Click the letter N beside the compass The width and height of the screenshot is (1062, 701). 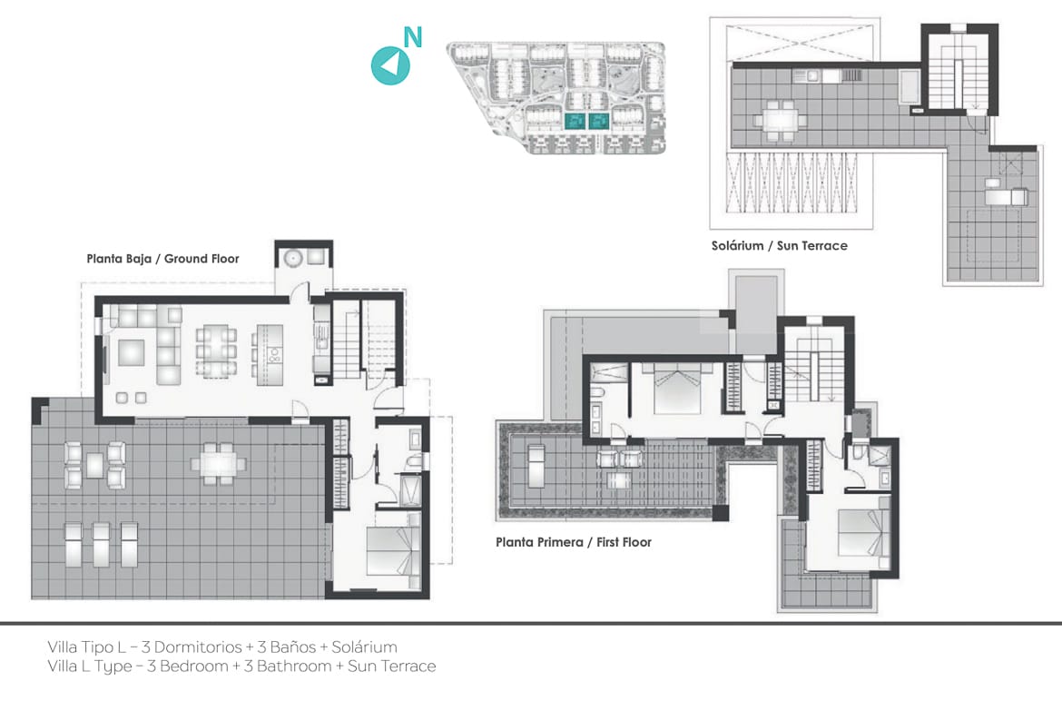coord(412,37)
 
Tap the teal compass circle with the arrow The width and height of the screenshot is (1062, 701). coord(390,65)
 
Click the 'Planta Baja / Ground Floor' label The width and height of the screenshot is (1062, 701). coord(162,259)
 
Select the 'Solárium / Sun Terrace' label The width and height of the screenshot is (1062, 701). coord(779,246)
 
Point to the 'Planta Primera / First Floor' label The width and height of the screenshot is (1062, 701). coord(574,542)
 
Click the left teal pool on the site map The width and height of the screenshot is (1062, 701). coord(575,122)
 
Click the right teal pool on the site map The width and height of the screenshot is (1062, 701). coord(599,122)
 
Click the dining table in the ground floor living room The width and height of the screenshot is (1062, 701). coord(216,350)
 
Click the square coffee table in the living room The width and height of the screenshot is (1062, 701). coord(132,352)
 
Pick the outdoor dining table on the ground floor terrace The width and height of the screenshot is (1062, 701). coord(218,464)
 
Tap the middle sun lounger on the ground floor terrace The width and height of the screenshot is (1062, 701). coord(101,544)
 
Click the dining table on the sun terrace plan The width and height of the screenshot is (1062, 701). coord(779,120)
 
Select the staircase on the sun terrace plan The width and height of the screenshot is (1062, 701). coord(956,71)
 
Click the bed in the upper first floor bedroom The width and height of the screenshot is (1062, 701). coord(677,388)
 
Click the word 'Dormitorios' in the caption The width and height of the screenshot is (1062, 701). coord(198,647)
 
